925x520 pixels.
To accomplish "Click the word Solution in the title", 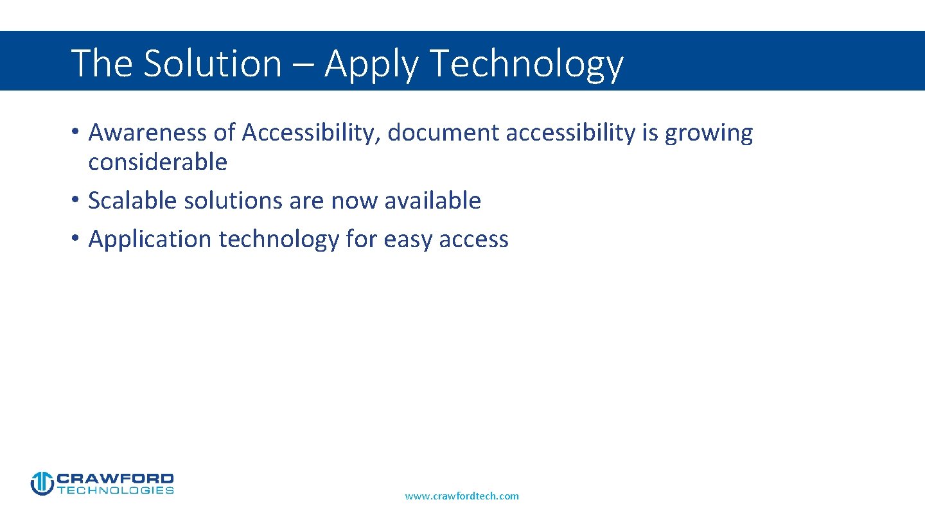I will click(x=212, y=63).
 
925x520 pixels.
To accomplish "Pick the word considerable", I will click(x=158, y=162).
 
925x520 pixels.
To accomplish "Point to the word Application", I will click(x=150, y=239).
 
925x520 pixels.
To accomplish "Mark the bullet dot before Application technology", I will click(x=75, y=239).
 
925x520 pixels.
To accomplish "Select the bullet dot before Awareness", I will click(x=75, y=132).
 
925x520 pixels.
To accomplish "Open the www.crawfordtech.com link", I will click(x=462, y=496).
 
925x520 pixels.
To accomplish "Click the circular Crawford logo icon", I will click(x=42, y=483).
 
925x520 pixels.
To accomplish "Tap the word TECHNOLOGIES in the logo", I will click(x=116, y=490).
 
